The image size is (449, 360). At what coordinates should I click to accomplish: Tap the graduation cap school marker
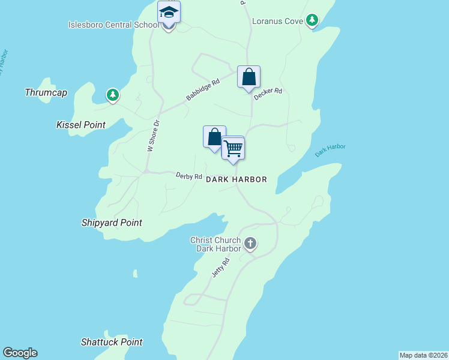169,13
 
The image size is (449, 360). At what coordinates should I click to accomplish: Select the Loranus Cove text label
277,21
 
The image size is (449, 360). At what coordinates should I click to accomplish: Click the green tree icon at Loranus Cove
312,21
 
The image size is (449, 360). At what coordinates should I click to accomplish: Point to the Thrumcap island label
46,92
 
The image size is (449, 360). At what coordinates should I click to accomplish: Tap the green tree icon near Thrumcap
112,95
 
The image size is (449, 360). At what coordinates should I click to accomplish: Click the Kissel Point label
80,125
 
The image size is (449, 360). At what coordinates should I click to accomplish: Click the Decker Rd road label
268,94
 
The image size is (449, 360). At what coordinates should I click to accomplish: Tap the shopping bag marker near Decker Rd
249,77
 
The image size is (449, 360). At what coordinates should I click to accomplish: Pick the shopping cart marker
233,148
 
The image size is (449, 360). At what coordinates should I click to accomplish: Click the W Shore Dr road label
152,136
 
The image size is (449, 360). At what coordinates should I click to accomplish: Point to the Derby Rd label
188,176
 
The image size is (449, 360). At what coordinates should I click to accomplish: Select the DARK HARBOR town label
236,179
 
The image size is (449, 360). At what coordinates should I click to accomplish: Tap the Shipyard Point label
112,223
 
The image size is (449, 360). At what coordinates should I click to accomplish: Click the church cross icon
250,244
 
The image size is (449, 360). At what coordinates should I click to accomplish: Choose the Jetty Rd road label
221,267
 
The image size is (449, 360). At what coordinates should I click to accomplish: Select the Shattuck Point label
112,342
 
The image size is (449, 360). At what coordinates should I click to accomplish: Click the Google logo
20,353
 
